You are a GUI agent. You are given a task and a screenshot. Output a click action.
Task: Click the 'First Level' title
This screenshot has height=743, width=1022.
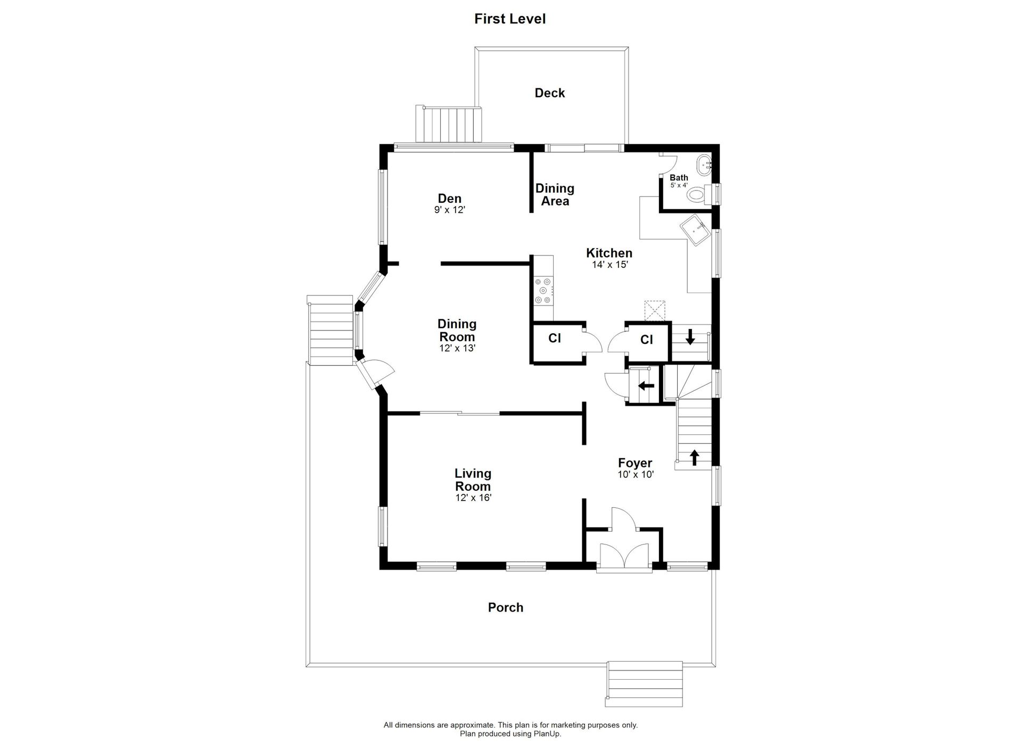(x=510, y=19)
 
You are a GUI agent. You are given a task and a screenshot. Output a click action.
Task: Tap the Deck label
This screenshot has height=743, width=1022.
(x=550, y=93)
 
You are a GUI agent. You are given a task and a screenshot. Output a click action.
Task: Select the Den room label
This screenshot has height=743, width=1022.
(x=450, y=199)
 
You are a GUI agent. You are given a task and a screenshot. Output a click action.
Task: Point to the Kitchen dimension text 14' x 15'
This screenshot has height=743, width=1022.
(x=610, y=265)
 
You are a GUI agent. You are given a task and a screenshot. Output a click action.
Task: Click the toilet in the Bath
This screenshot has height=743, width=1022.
(x=698, y=194)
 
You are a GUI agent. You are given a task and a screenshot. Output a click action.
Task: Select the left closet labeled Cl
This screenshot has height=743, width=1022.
(x=555, y=339)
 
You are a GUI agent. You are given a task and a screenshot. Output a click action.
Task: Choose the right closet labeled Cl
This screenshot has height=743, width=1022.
(x=647, y=340)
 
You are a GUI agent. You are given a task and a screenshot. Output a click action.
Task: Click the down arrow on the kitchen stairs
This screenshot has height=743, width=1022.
(x=690, y=337)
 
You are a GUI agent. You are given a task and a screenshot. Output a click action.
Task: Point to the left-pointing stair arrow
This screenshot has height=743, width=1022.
(x=646, y=386)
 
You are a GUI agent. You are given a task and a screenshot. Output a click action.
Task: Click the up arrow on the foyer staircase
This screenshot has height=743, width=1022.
(x=694, y=457)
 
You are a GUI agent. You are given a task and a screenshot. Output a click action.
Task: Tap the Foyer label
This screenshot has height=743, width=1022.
(x=635, y=463)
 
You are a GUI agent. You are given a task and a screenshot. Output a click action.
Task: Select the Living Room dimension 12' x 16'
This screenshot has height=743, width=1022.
(x=473, y=498)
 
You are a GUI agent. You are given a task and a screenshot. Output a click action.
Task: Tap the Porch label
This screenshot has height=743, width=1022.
(x=506, y=607)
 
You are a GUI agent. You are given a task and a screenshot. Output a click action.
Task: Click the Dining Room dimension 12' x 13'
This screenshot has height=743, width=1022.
(x=457, y=349)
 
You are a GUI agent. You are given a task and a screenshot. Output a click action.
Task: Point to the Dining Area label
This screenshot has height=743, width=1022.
(x=555, y=195)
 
